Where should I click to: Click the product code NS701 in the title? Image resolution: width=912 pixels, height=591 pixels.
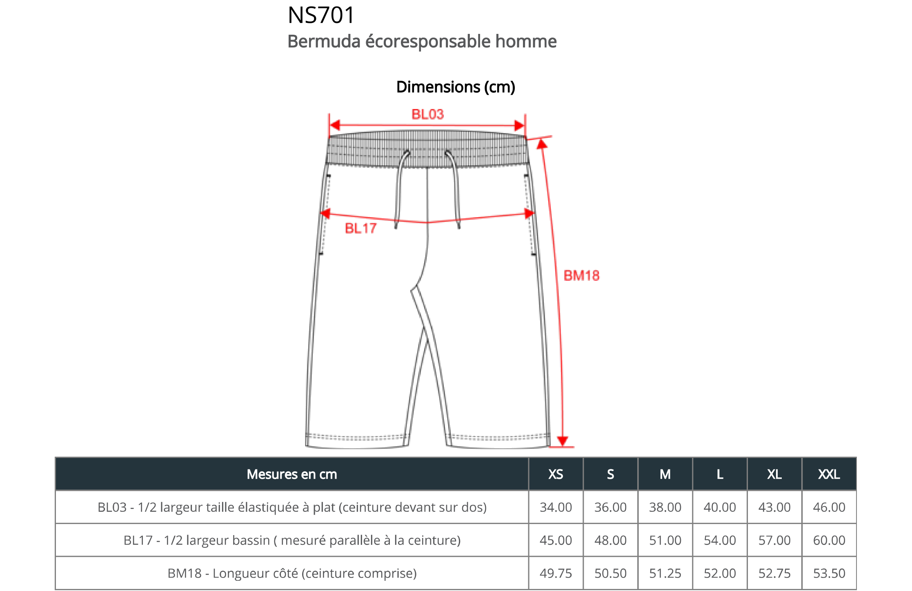pyautogui.click(x=321, y=15)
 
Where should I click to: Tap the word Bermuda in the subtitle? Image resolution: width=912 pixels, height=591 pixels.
pyautogui.click(x=324, y=42)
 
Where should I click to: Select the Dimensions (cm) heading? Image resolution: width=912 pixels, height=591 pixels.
pyautogui.click(x=456, y=87)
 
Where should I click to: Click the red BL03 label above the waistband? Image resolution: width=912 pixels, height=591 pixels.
pyautogui.click(x=427, y=114)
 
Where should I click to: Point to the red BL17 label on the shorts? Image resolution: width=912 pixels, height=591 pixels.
pyautogui.click(x=360, y=228)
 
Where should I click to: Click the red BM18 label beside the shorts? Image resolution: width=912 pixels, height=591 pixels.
pyautogui.click(x=581, y=276)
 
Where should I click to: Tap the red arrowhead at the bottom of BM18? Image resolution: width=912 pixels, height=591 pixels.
pyautogui.click(x=563, y=441)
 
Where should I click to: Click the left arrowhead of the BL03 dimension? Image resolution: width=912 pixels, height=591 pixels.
pyautogui.click(x=335, y=125)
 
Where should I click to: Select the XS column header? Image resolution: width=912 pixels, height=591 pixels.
pyautogui.click(x=556, y=474)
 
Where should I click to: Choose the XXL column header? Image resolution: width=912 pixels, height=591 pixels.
pyautogui.click(x=829, y=474)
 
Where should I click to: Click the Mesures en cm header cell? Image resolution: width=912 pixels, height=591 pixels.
pyautogui.click(x=292, y=474)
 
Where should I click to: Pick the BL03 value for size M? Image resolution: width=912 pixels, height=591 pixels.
pyautogui.click(x=665, y=507)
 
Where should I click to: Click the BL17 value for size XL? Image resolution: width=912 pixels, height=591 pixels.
pyautogui.click(x=774, y=540)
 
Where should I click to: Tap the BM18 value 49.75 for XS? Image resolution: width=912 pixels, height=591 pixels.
pyautogui.click(x=556, y=573)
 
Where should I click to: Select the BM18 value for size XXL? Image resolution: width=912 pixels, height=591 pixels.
pyautogui.click(x=829, y=573)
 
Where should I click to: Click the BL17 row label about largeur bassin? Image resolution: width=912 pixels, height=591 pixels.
pyautogui.click(x=292, y=540)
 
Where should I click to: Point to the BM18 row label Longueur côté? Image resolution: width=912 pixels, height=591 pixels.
pyautogui.click(x=292, y=573)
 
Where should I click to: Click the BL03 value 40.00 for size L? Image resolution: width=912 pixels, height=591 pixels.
pyautogui.click(x=720, y=507)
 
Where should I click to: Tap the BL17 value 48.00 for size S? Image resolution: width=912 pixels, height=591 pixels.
pyautogui.click(x=610, y=540)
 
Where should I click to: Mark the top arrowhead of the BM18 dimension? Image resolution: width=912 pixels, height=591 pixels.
pyautogui.click(x=542, y=144)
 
